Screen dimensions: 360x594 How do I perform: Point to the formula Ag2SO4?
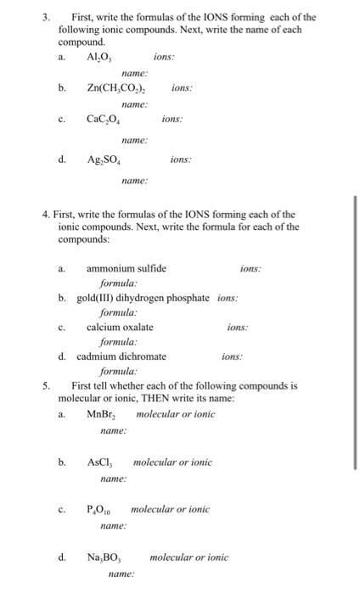pyautogui.click(x=105, y=160)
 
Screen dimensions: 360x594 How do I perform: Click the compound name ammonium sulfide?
pyautogui.click(x=127, y=269)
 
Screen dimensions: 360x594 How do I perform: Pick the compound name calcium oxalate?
pyautogui.click(x=120, y=327)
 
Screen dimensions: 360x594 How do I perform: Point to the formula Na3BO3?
pyautogui.click(x=104, y=558)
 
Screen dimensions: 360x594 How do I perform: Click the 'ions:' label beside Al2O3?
pyautogui.click(x=164, y=58)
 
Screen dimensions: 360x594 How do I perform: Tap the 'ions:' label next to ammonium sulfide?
pyautogui.click(x=250, y=269)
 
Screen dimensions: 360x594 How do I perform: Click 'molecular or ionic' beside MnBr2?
pyautogui.click(x=176, y=414)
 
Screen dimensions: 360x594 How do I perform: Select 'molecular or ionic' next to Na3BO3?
pyautogui.click(x=189, y=558)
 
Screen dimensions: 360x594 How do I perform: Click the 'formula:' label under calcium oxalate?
pyautogui.click(x=119, y=342)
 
